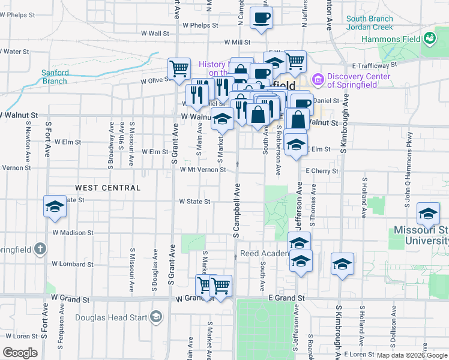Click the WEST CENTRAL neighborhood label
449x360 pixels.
107,188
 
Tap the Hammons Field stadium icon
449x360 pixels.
429,39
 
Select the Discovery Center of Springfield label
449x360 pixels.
352,80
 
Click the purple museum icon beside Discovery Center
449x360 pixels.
318,79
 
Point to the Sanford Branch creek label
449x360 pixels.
55,77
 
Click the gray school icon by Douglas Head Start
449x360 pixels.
156,316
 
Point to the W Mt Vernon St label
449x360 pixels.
203,170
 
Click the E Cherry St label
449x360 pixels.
322,171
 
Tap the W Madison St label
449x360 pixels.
73,232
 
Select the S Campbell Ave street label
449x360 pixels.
237,210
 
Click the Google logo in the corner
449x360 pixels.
20,352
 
